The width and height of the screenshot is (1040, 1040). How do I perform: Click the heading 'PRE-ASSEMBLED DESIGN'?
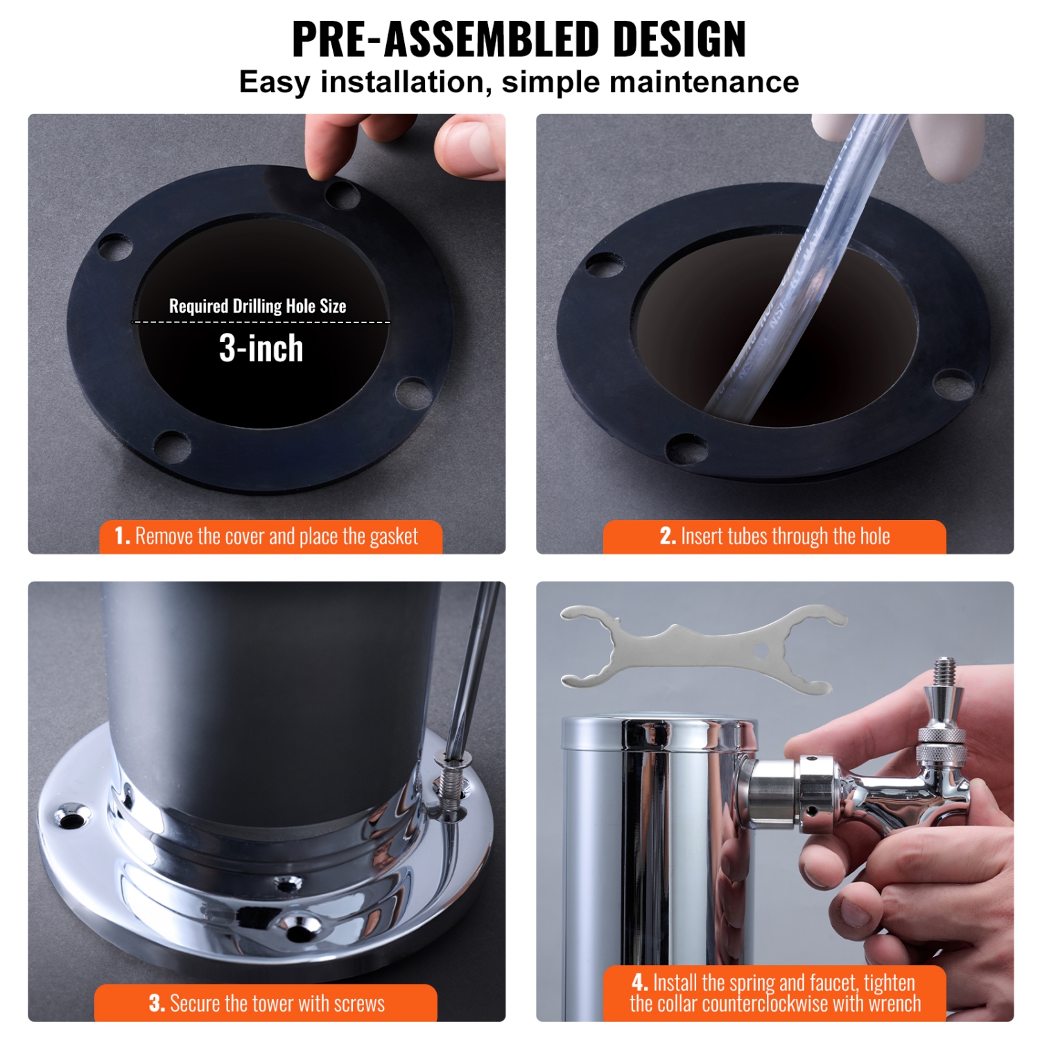pyautogui.click(x=519, y=40)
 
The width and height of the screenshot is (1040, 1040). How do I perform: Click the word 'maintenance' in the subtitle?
pyautogui.click(x=704, y=82)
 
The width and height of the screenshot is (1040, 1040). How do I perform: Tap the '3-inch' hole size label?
pyautogui.click(x=261, y=348)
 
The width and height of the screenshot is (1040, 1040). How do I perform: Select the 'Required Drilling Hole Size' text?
pyautogui.click(x=257, y=306)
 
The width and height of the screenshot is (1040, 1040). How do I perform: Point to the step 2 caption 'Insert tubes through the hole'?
pyautogui.click(x=774, y=537)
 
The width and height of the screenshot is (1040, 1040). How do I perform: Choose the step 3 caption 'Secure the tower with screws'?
pyautogui.click(x=266, y=1003)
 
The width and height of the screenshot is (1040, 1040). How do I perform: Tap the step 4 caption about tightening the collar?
pyautogui.click(x=774, y=993)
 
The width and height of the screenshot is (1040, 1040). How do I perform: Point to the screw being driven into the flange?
pyautogui.click(x=451, y=783)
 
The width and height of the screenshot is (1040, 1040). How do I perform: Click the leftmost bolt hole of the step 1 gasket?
pyautogui.click(x=115, y=248)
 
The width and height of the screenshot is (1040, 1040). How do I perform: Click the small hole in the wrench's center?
pyautogui.click(x=761, y=651)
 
